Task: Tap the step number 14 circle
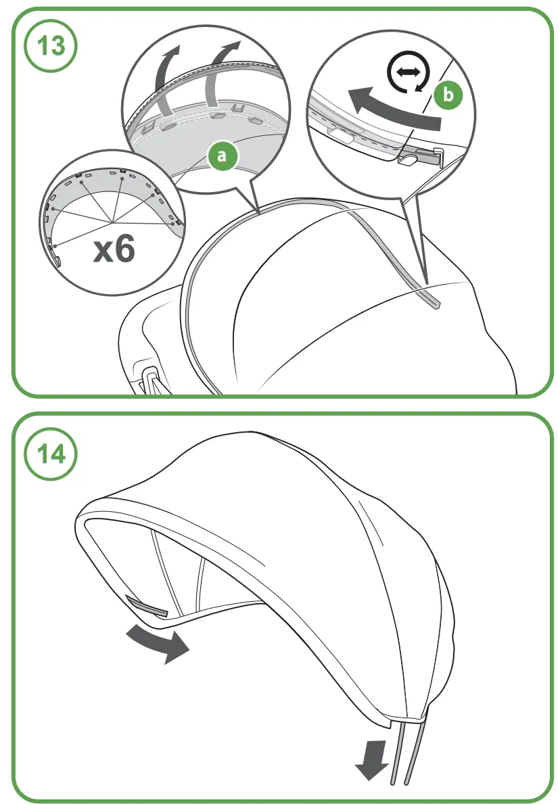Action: click(x=51, y=454)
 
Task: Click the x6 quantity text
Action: click(x=114, y=250)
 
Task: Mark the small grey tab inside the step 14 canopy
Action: click(x=147, y=605)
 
